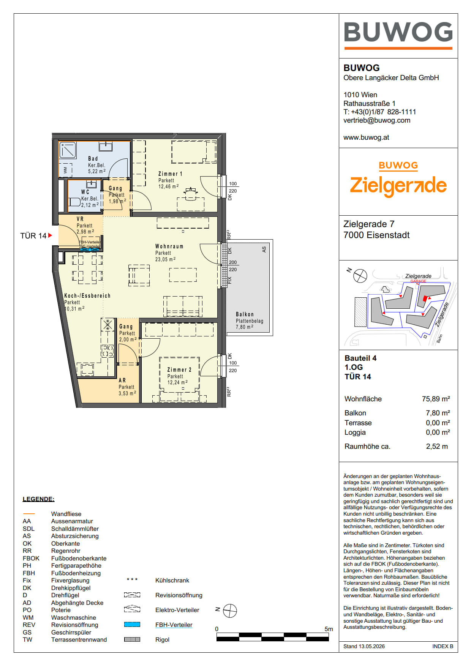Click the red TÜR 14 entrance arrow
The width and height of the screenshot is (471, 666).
point(50,235)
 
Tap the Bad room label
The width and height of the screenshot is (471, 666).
point(93,159)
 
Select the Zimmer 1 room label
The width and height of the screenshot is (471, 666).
point(170,174)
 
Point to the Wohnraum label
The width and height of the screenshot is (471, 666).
point(169,246)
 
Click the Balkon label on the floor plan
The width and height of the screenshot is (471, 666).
point(245,314)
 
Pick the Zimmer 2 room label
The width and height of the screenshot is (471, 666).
point(179,369)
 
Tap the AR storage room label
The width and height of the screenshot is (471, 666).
point(122,380)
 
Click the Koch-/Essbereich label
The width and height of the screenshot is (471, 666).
point(87,295)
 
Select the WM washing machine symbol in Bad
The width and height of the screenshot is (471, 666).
point(65,170)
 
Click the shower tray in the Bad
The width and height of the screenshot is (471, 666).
point(68,150)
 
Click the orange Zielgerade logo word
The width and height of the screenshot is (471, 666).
point(398,186)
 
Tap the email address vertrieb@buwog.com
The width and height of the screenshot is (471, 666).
point(377,120)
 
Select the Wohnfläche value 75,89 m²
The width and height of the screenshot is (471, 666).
point(436,399)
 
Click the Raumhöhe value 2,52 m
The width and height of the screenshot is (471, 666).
point(437,447)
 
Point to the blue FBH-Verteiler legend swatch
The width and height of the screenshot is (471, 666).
point(132,625)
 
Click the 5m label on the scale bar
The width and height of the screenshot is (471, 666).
point(329,629)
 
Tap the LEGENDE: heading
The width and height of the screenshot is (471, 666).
point(38,499)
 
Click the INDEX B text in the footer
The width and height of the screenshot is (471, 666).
point(443,646)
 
